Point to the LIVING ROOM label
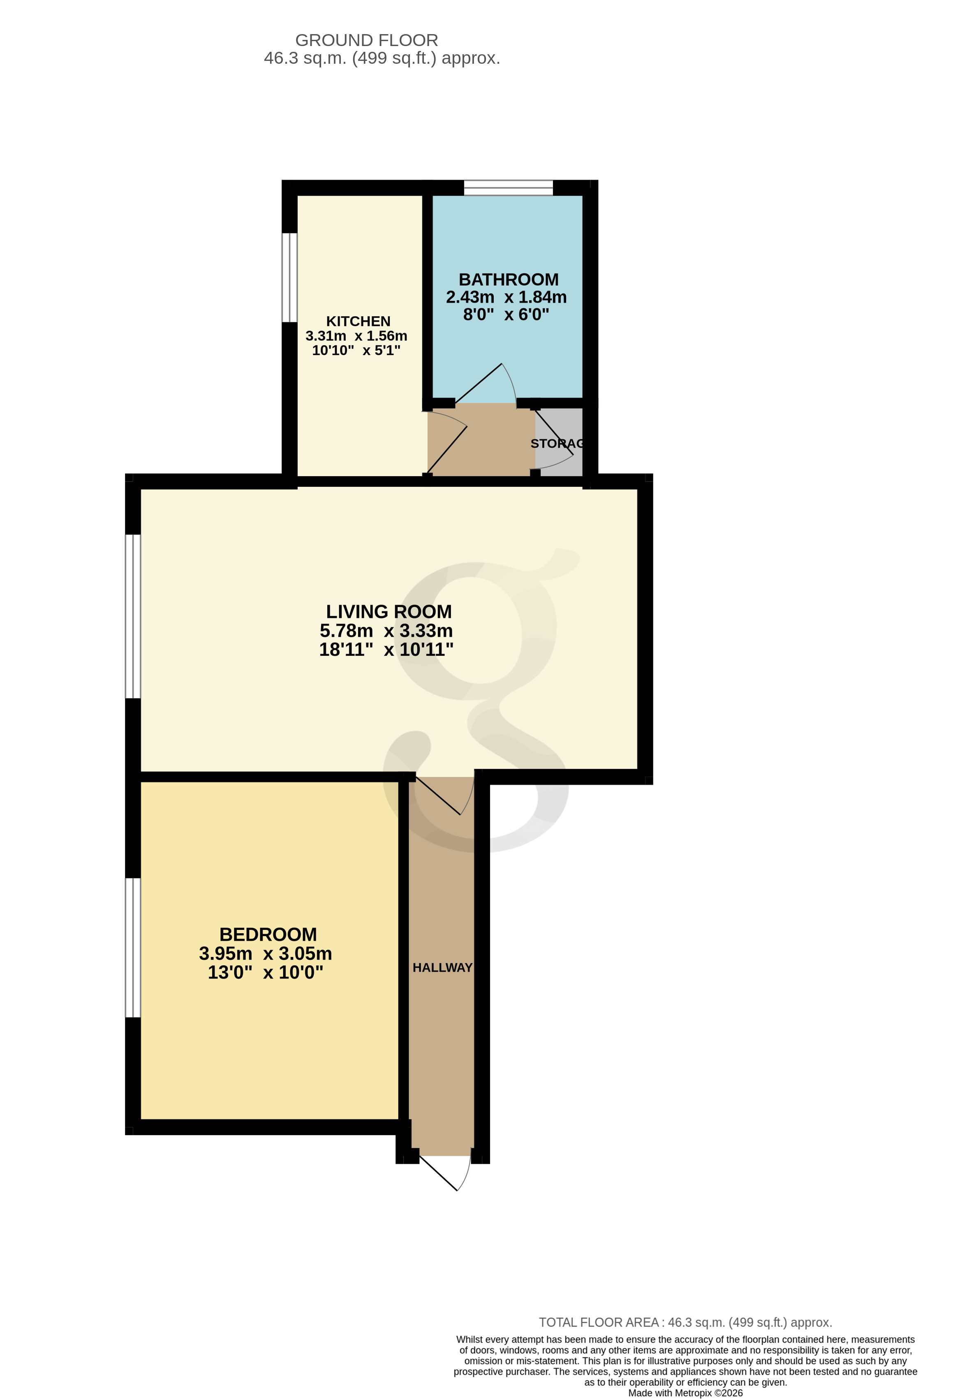tap(388, 612)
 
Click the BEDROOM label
tap(268, 934)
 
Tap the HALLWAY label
tap(442, 967)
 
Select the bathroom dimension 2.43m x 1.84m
tap(506, 297)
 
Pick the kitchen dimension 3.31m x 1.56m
tap(356, 336)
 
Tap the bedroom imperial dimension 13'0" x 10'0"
tap(266, 972)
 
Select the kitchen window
tap(289, 277)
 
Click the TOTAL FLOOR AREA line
tap(685, 1323)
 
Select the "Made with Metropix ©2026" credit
tap(685, 1393)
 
